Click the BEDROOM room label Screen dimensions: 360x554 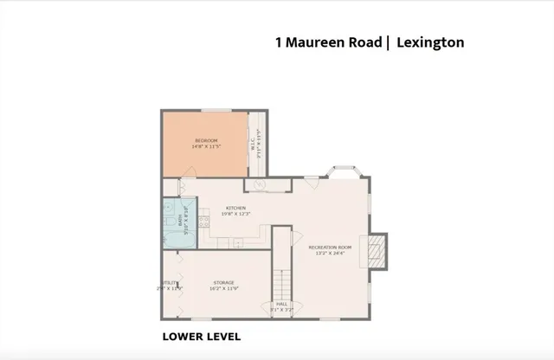click(x=205, y=141)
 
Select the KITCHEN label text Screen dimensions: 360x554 click(x=236, y=208)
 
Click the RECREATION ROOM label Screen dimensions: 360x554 click(x=331, y=247)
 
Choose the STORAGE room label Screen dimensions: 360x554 click(x=224, y=282)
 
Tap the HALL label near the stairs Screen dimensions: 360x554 click(x=281, y=304)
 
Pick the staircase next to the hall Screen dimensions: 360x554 click(x=281, y=279)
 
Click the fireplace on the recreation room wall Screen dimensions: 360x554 click(x=375, y=250)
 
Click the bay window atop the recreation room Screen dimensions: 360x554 click(x=343, y=170)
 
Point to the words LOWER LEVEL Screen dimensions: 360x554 click(x=202, y=337)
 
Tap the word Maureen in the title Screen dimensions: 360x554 click(x=315, y=41)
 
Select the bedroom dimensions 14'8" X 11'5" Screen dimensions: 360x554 click(x=206, y=146)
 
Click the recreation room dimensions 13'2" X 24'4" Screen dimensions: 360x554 click(x=331, y=254)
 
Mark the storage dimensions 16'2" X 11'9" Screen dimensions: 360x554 click(x=224, y=288)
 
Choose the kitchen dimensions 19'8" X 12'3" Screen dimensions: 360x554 click(x=236, y=214)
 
